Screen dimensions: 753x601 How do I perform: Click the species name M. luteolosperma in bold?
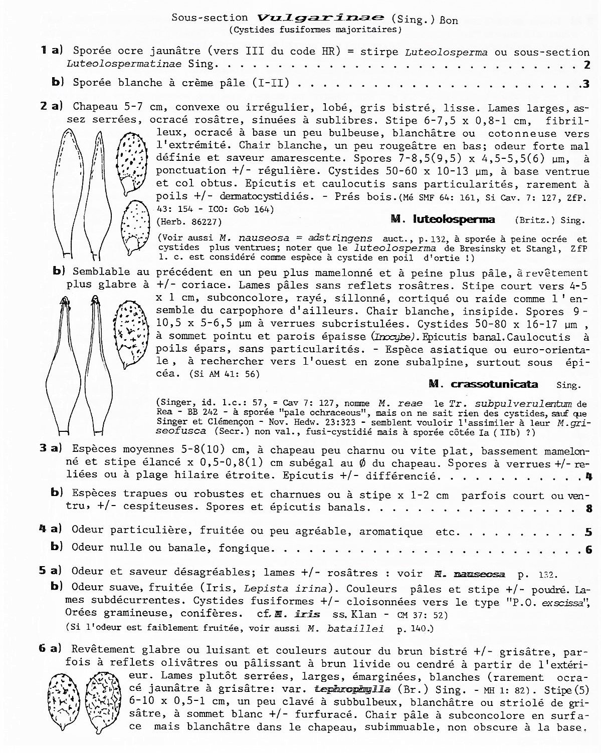pos(442,219)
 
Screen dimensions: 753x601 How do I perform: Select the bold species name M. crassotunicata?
pos(483,384)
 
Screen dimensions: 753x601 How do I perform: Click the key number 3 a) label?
pos(51,448)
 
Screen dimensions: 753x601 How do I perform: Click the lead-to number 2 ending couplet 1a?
pos(586,64)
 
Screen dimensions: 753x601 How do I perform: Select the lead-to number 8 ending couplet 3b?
pos(588,509)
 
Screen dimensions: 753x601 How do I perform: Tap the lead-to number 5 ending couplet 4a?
pos(588,532)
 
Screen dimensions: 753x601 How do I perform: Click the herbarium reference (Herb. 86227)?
pos(189,221)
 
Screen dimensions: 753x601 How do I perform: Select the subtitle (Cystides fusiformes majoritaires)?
pos(316,30)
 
